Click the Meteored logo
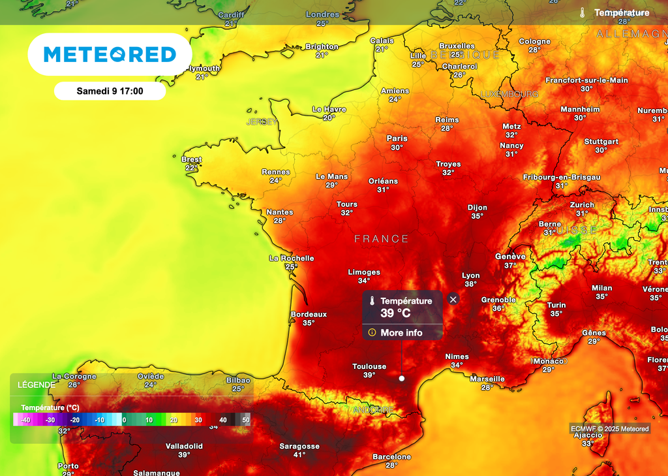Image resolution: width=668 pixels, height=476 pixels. click(110, 54)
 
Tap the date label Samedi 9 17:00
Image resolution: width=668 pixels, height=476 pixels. click(110, 91)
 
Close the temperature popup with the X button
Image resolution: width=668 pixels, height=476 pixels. click(453, 299)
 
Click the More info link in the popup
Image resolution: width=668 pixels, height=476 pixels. click(401, 333)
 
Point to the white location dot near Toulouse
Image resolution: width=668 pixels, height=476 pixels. click(402, 378)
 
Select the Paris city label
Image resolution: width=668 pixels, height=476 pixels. click(397, 138)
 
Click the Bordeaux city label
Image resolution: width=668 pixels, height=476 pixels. click(309, 314)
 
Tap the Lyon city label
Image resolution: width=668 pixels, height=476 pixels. click(470, 276)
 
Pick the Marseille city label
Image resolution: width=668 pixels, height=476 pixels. click(487, 379)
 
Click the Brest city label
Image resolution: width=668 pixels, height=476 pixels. click(191, 159)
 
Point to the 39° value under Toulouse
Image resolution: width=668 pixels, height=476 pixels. click(369, 375)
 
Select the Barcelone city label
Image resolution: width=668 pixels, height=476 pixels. click(391, 457)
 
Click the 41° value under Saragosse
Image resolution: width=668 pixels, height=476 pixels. click(299, 455)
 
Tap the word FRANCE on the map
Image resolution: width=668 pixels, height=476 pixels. click(382, 239)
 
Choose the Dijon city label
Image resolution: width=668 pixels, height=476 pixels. click(478, 208)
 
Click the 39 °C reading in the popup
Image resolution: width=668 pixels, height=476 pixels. click(396, 313)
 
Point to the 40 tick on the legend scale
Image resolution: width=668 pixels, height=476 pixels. click(223, 420)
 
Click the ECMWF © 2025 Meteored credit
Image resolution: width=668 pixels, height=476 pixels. click(610, 429)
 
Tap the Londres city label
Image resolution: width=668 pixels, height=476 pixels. click(322, 14)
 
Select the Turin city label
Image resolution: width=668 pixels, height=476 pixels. click(556, 305)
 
